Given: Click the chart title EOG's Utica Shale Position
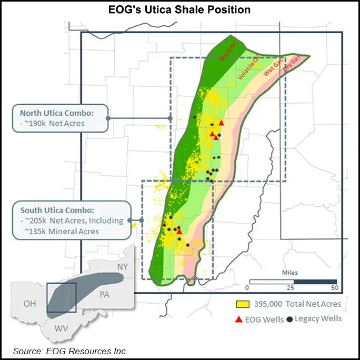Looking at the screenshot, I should [179, 9].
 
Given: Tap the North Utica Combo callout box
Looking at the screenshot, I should [59, 118].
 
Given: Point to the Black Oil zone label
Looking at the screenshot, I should [228, 53].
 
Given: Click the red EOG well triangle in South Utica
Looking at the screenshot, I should [179, 231].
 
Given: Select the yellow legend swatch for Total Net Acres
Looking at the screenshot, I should [242, 304].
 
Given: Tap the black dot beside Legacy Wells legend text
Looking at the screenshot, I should [290, 319].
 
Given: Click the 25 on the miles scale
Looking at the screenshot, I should [290, 288].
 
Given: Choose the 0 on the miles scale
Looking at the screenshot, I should [247, 288].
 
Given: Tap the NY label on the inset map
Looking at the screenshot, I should [122, 267].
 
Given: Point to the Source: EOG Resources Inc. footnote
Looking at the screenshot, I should [71, 351].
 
